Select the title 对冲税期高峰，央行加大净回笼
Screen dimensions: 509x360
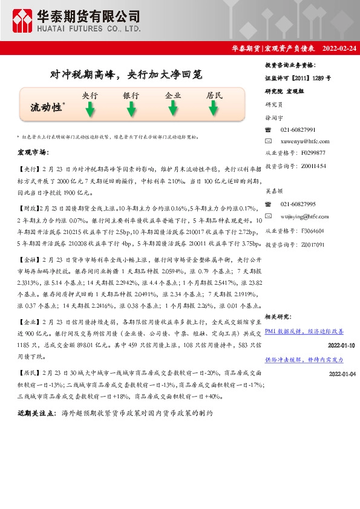coord(125,74)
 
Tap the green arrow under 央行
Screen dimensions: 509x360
coord(90,109)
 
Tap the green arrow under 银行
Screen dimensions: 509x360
coord(131,109)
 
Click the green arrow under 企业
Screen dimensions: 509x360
coord(173,109)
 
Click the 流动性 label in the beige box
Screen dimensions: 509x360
coord(47,107)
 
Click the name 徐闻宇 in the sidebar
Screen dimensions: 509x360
coord(275,118)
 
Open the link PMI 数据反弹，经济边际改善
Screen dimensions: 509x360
coord(304,331)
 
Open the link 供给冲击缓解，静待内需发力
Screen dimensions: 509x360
coord(304,359)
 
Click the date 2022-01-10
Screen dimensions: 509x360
coord(342,345)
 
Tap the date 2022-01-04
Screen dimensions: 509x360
coord(342,374)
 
